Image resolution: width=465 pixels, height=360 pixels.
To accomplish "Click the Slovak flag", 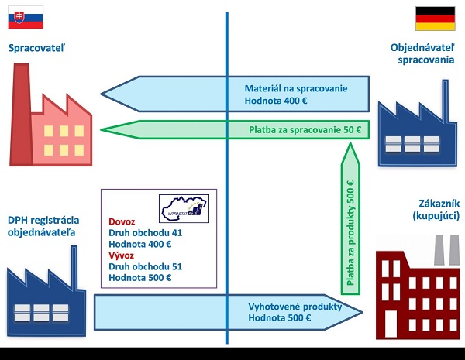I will [26, 16].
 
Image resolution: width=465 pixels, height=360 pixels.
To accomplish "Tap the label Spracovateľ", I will [36, 49].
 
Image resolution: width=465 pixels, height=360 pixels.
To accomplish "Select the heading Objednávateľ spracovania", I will [422, 54].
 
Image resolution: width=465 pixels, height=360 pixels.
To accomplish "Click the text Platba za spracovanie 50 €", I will [305, 129].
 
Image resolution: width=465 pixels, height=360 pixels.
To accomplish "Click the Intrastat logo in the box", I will [183, 207].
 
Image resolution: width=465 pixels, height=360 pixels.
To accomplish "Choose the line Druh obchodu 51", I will [145, 266].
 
